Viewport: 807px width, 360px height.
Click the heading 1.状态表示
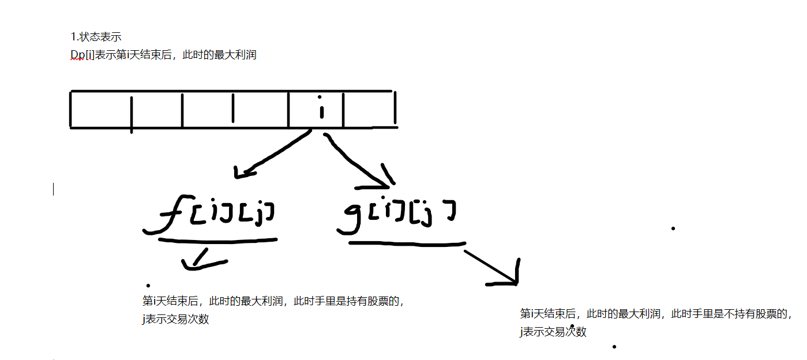click(x=96, y=37)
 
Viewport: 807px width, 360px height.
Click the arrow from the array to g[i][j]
click(x=358, y=162)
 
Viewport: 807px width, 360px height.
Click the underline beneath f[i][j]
click(x=218, y=239)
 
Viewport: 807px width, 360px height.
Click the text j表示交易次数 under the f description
click(x=175, y=319)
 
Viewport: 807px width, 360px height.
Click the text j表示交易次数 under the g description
click(x=553, y=332)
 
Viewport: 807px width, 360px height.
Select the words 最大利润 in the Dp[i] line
click(x=237, y=55)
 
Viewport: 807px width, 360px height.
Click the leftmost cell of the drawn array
click(x=100, y=110)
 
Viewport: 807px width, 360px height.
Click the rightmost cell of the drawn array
click(x=369, y=110)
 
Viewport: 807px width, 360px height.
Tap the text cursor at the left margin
click(x=54, y=189)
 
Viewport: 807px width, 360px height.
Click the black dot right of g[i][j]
click(x=673, y=228)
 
